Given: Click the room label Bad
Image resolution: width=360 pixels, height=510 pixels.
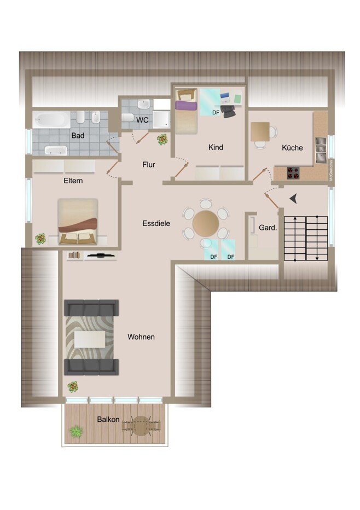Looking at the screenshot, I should click(x=77, y=135).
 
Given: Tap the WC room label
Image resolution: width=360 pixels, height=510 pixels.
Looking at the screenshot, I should click(x=142, y=119).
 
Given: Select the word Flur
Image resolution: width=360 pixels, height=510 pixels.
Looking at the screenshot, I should click(x=149, y=164).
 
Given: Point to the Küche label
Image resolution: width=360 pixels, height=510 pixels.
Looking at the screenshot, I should click(x=292, y=148).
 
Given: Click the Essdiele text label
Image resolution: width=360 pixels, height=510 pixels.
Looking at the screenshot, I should click(x=156, y=223).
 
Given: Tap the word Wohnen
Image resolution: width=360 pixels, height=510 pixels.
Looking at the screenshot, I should click(x=141, y=337).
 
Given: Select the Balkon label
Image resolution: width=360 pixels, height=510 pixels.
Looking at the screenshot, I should click(x=108, y=419).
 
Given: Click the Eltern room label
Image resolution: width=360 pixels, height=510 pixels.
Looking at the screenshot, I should click(x=73, y=181).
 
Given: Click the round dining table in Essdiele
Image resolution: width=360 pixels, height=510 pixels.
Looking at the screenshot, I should click(x=206, y=224).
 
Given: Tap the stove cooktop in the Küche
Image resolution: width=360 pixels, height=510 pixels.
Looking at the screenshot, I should click(x=294, y=173).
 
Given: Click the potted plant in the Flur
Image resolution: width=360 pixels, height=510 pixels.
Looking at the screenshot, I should click(x=162, y=140).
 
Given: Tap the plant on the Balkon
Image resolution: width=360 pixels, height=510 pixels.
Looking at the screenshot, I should click(x=76, y=432).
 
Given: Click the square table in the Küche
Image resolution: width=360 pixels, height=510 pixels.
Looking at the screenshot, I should click(x=260, y=131).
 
